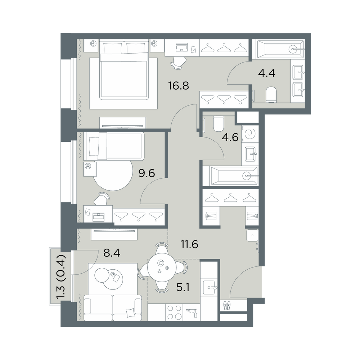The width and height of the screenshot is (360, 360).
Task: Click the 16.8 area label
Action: tap(179, 86)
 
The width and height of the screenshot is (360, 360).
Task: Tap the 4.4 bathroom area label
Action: tap(266, 73)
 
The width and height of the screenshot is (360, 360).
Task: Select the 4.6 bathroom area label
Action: tap(230, 138)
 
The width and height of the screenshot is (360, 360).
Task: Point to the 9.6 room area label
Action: tap(147, 173)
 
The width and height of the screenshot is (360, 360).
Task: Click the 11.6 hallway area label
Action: tap(190, 244)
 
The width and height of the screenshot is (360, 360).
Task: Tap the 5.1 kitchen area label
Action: tap(183, 287)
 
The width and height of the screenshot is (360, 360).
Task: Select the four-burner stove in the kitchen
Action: tap(174, 312)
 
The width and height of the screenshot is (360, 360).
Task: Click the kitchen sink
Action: tap(209, 288)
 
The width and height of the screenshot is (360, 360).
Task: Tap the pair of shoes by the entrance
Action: tap(226, 306)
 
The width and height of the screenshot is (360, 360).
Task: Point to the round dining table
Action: tap(162, 268)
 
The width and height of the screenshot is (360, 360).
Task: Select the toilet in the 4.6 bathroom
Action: tap(218, 123)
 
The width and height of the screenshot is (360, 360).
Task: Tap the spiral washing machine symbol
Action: tap(250, 134)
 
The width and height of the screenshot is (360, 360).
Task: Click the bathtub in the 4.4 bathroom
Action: tap(278, 49)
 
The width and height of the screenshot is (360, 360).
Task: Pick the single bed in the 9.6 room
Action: tap(114, 146)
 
